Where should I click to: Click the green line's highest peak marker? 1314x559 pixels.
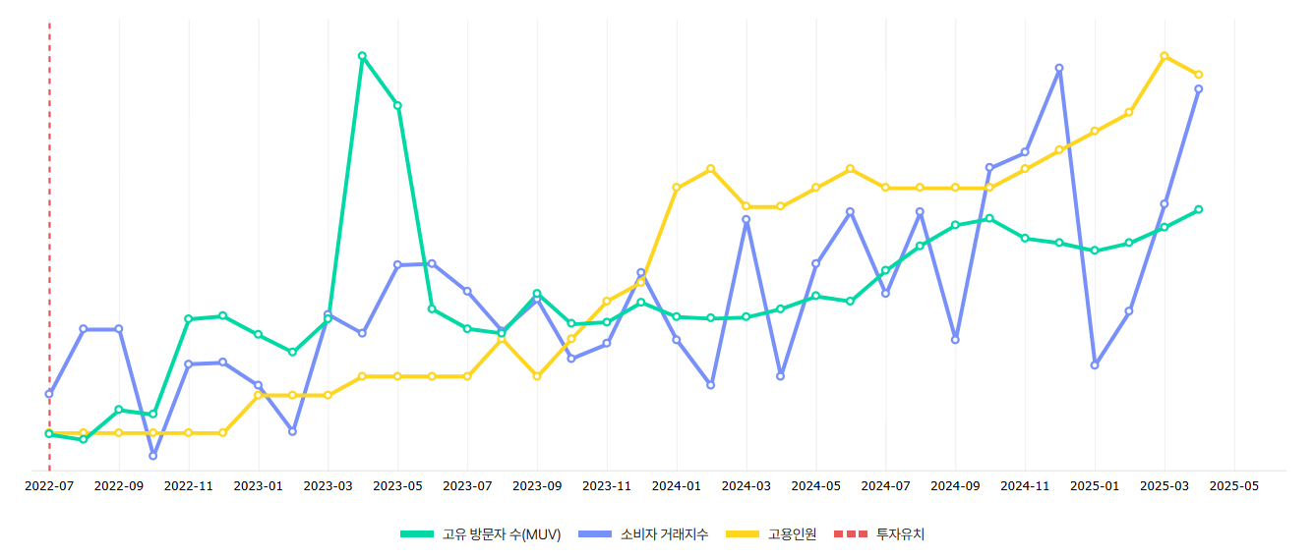(x=362, y=56)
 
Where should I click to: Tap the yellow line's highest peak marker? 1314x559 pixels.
(x=1165, y=56)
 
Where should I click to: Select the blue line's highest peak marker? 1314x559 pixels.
(x=1059, y=68)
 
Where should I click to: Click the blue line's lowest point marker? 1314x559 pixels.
(x=153, y=456)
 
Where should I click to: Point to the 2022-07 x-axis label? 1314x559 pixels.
(x=49, y=485)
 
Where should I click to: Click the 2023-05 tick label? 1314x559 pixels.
(x=397, y=485)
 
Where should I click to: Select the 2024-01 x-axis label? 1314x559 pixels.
(x=677, y=485)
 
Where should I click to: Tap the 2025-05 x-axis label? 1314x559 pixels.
(x=1234, y=485)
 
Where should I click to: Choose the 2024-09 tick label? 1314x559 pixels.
(x=955, y=485)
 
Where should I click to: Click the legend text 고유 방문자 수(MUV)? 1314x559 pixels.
(x=502, y=534)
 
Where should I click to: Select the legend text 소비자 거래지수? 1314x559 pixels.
(x=664, y=534)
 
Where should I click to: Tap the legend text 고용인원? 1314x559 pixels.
(x=792, y=534)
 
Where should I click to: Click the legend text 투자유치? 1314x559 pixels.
(x=900, y=534)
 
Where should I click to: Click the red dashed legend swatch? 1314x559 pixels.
(x=851, y=534)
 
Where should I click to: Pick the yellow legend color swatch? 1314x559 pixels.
(x=743, y=534)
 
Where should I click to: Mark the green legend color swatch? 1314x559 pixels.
(x=417, y=534)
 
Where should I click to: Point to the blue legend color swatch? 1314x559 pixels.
(x=595, y=534)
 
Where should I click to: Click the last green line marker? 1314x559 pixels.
(x=1199, y=209)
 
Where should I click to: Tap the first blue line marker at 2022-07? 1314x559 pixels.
(x=49, y=394)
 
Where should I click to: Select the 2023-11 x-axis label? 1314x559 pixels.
(x=607, y=485)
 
